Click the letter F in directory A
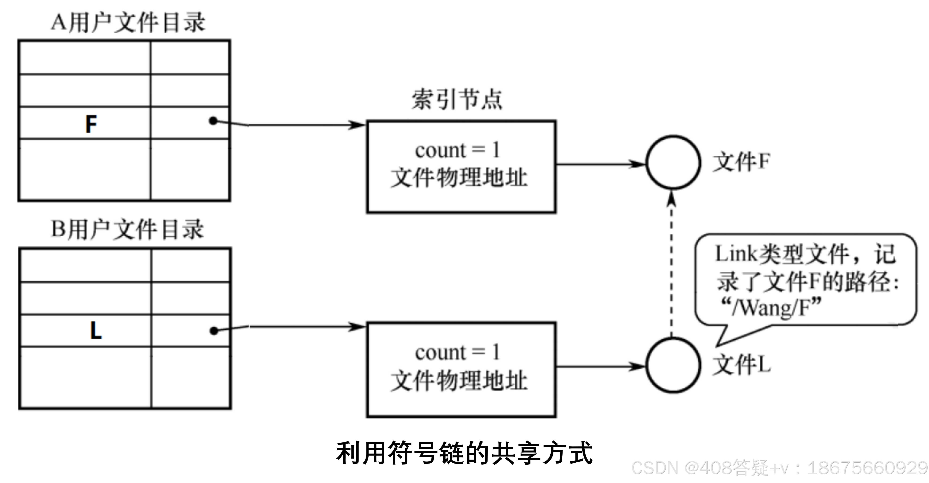tap(91, 124)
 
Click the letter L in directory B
tap(95, 331)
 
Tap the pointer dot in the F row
tap(213, 121)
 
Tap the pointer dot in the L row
tap(214, 331)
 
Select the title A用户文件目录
tap(128, 22)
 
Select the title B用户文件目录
tap(127, 229)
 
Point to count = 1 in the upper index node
tap(457, 150)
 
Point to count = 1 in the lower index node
tap(457, 352)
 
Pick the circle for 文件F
tap(673, 162)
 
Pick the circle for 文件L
tap(673, 365)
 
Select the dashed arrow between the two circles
tap(671, 267)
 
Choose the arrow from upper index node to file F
tap(601, 164)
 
